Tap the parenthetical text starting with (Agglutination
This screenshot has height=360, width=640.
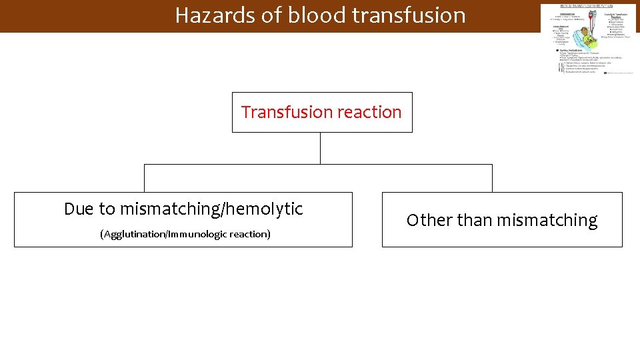point(185,234)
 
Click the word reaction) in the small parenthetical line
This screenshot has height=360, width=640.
point(250,234)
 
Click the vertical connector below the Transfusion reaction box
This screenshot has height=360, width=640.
point(320,148)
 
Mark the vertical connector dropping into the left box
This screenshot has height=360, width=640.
point(145,178)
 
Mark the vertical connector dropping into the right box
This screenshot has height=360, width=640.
point(492,178)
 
